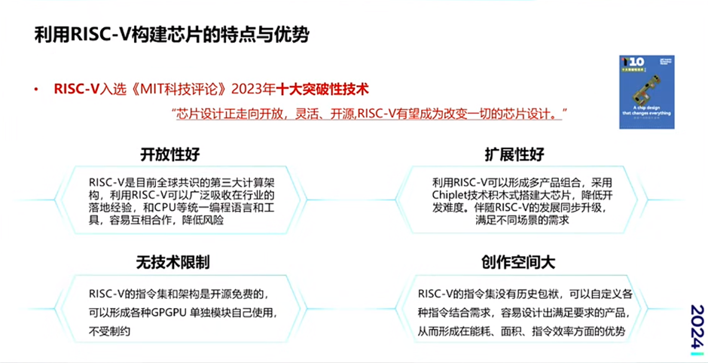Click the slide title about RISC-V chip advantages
[x=172, y=35]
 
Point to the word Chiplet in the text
[x=453, y=194]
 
